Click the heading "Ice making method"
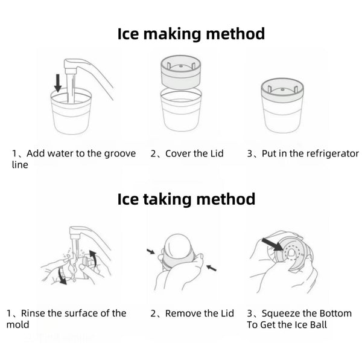[191, 33]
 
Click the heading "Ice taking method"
[186, 199]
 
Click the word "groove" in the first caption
[118, 153]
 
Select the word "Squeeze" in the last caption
[285, 313]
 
